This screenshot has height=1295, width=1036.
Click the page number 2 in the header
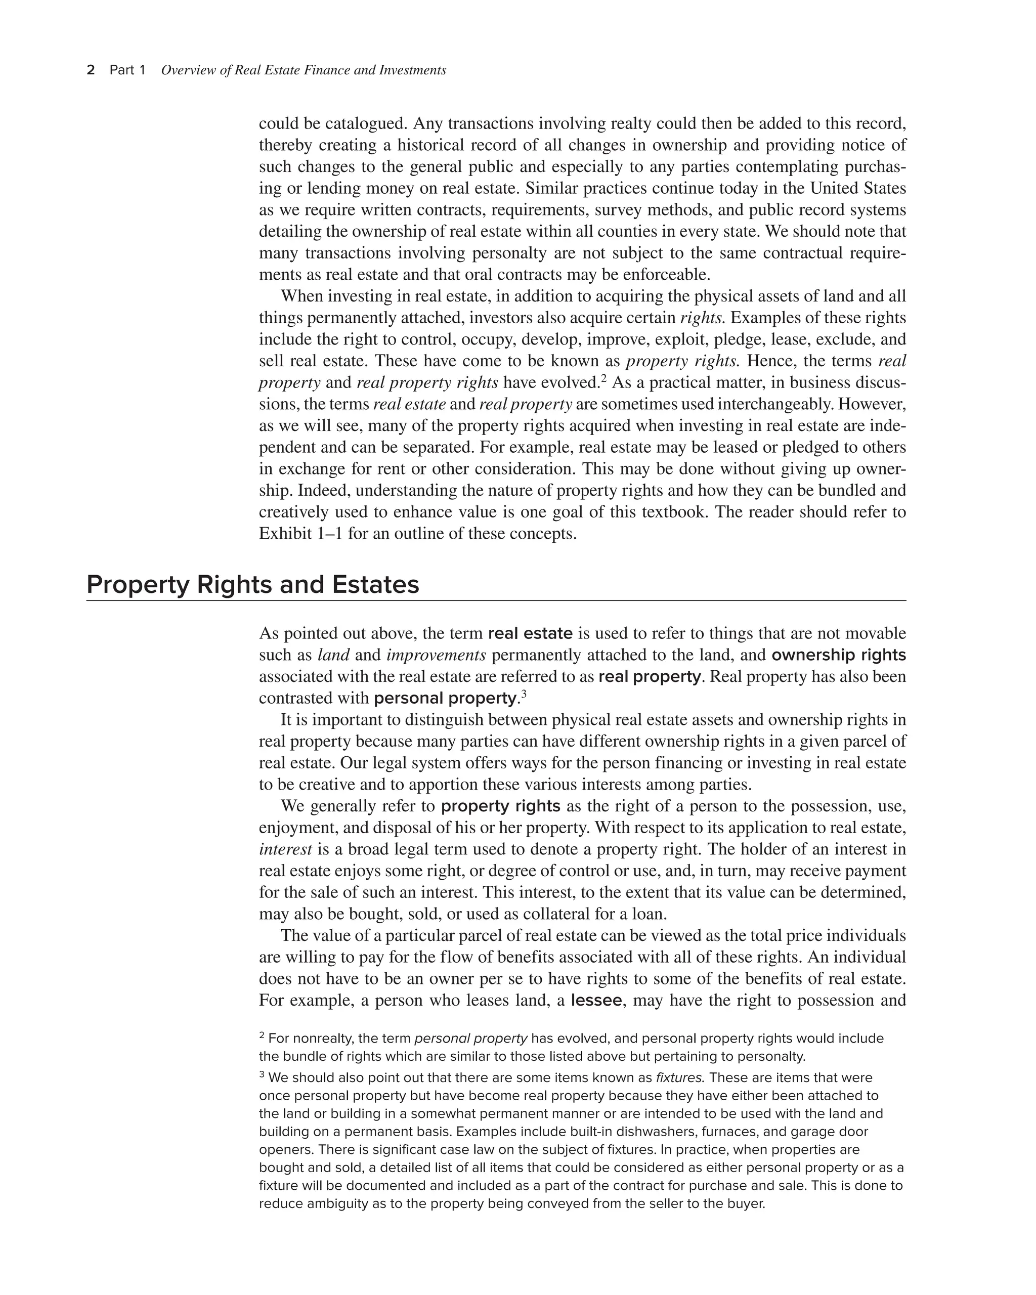[x=91, y=70]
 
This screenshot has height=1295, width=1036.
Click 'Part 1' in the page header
[x=127, y=70]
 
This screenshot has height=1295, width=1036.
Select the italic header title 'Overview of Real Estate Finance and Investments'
[x=304, y=70]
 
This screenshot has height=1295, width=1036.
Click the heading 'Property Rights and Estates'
[x=252, y=584]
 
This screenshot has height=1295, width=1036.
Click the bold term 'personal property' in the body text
[x=445, y=698]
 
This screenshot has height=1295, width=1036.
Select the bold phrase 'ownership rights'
[x=838, y=655]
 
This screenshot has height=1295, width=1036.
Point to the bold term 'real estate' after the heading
[x=530, y=633]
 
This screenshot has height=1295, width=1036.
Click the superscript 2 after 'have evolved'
[x=603, y=378]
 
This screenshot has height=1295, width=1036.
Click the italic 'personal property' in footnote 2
[x=471, y=1039]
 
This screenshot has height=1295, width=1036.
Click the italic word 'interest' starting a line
[x=285, y=849]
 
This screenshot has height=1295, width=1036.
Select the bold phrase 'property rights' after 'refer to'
[x=500, y=806]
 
